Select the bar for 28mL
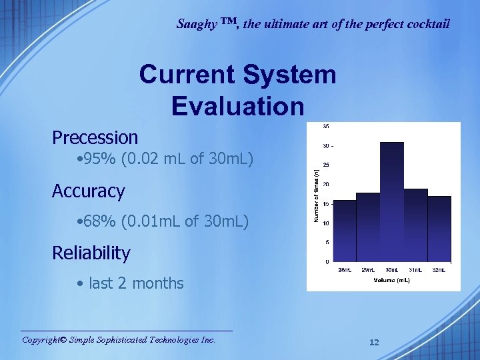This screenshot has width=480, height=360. pos(344,231)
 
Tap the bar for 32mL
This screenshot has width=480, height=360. pos(439,229)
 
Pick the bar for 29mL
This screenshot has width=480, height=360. pos(368,227)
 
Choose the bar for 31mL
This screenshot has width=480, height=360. pos(415,225)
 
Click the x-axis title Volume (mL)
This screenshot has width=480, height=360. pos(391,281)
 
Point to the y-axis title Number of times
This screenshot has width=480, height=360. pos(316,193)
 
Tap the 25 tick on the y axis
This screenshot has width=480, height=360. pos(325,165)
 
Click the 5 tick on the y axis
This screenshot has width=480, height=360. pos(326,242)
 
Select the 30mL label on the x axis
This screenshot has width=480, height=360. pos(392,269)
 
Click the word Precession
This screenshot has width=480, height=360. pos(95,138)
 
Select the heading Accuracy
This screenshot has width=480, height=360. pos(89,191)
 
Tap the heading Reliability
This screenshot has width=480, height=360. pos(91,253)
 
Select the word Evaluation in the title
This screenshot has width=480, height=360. pos(238,106)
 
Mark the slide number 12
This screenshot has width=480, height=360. pos(374,342)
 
